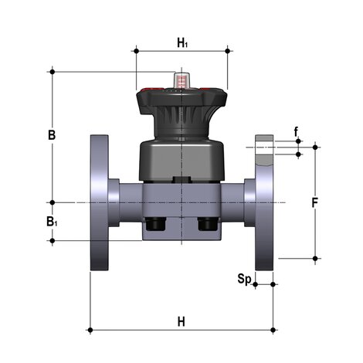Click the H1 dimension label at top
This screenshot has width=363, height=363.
tap(182, 42)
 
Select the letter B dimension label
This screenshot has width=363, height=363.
tap(52, 134)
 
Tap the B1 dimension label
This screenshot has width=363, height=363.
tap(52, 222)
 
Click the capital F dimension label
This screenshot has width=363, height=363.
tap(315, 204)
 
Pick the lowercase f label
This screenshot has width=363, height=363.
tap(297, 131)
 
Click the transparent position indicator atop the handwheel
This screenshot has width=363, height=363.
tap(181, 80)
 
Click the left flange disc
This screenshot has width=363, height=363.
tap(100, 202)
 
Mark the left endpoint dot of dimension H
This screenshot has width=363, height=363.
tap(90, 331)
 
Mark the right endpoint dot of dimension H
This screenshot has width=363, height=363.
tap(274, 331)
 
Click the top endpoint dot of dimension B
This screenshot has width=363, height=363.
tap(52, 71)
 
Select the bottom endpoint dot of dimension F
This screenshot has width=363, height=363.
tap(315, 259)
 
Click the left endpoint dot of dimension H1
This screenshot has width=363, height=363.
tap(136, 51)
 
